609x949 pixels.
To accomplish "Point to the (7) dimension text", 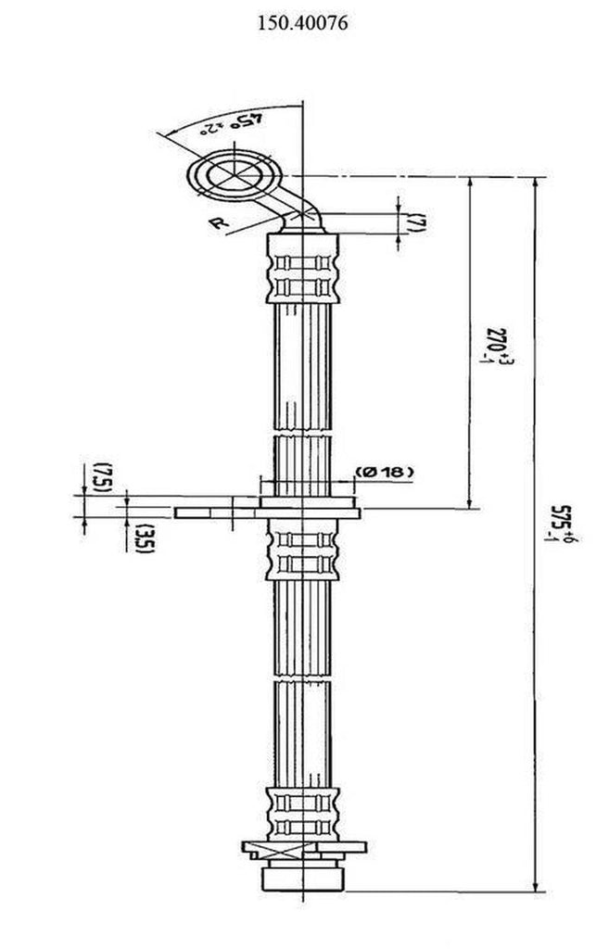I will pyautogui.click(x=418, y=222).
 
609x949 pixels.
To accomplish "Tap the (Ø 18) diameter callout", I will pyautogui.click(x=383, y=473).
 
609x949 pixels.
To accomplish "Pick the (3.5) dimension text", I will pyautogui.click(x=139, y=538).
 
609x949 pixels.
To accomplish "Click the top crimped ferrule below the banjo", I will pyautogui.click(x=303, y=269).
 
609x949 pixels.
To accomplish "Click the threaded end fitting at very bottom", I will pyautogui.click(x=303, y=876).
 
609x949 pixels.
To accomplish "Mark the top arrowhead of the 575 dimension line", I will pyautogui.click(x=535, y=183).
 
